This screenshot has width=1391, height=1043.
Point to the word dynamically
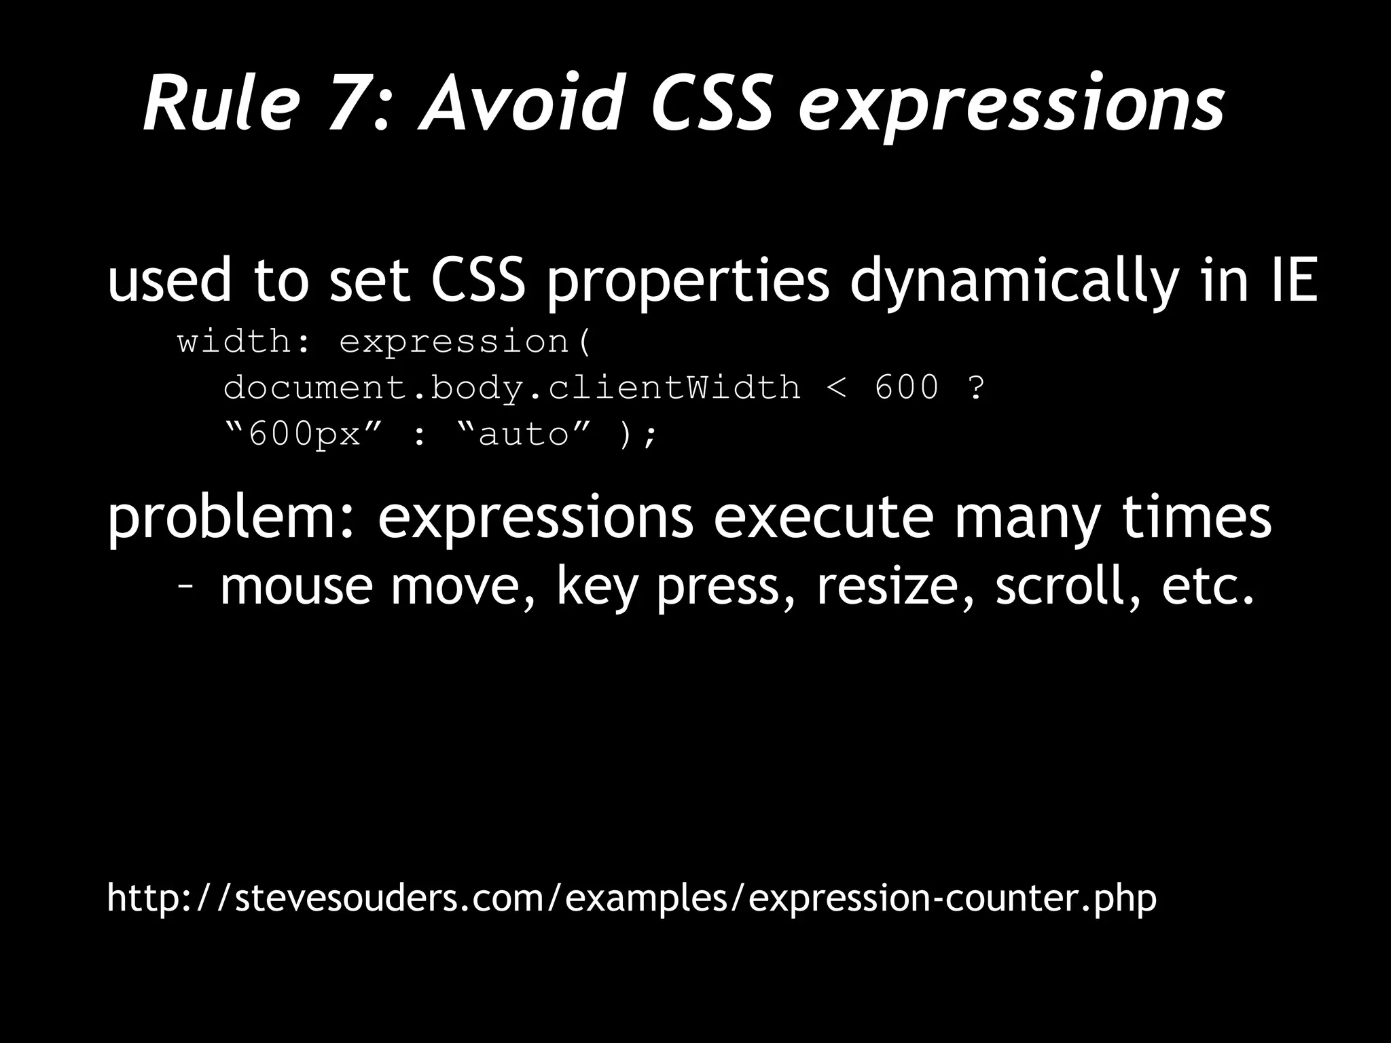[x=1013, y=282]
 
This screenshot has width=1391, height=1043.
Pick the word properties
[x=687, y=282]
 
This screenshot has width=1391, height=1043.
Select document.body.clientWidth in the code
[x=512, y=388]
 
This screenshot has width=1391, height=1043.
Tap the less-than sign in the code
[x=837, y=388]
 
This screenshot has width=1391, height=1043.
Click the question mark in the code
[x=975, y=388]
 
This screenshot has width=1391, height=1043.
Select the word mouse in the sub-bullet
[x=296, y=587]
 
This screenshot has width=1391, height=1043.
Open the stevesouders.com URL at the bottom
[x=632, y=899]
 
